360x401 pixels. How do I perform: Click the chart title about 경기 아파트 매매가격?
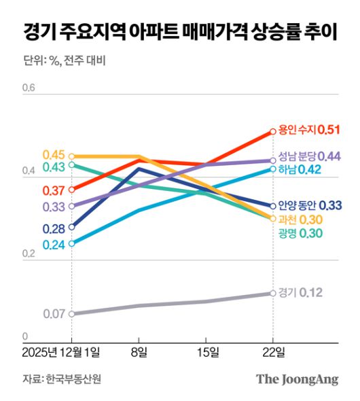click(179, 32)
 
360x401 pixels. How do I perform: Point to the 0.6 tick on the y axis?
click(29, 88)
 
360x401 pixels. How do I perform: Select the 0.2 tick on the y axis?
click(29, 254)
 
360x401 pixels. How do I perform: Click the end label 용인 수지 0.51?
click(309, 130)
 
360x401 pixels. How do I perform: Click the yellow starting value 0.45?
click(53, 154)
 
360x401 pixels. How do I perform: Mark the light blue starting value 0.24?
click(53, 245)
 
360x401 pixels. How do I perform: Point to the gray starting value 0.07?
click(53, 314)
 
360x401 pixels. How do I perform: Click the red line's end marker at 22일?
click(273, 130)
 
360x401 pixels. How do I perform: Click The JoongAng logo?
click(297, 379)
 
